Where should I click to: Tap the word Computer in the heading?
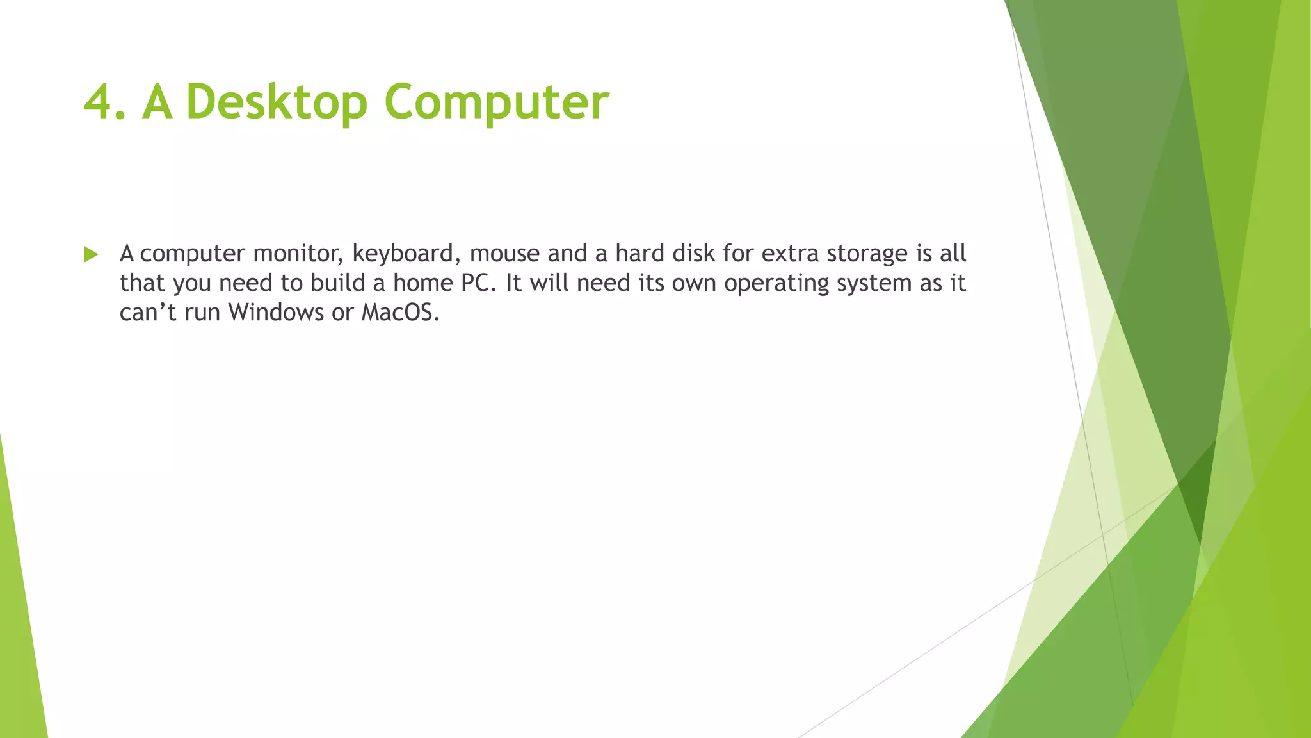pos(496,102)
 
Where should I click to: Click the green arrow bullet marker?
pos(91,255)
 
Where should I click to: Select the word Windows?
pos(276,313)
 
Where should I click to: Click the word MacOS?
pos(400,313)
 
